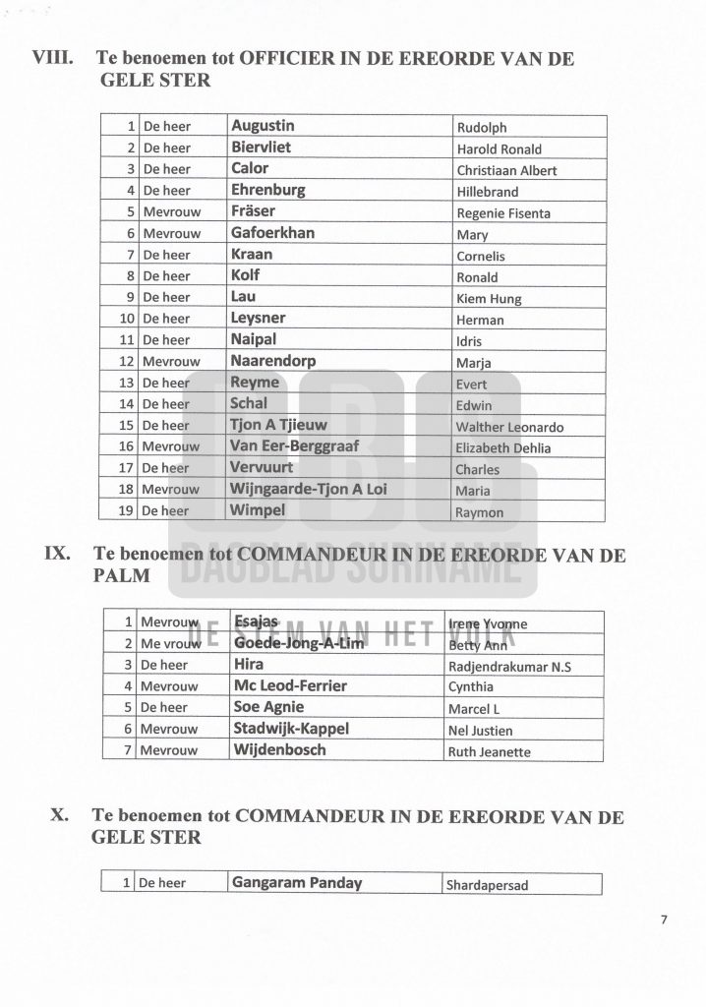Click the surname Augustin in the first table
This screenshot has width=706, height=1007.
click(263, 126)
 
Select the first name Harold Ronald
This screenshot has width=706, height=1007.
click(499, 149)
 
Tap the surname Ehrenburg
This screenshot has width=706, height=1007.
click(267, 190)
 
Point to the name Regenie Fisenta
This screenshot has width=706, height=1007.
click(503, 213)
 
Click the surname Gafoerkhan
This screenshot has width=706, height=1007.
click(272, 233)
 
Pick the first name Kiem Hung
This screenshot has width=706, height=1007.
click(489, 299)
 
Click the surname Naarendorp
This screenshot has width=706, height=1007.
click(272, 361)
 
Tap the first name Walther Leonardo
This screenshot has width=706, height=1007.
click(509, 427)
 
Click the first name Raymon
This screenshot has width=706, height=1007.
click(480, 512)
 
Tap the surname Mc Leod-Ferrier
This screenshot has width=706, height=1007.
click(290, 685)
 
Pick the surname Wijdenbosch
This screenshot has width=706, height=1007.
click(278, 750)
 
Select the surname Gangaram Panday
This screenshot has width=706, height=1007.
click(296, 882)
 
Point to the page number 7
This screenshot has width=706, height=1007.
click(664, 920)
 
